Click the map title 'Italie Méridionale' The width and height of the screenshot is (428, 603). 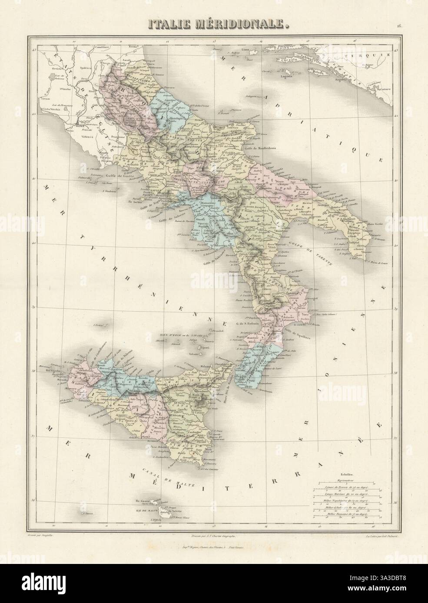click(214, 23)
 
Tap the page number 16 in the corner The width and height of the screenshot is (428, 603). click(398, 26)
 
